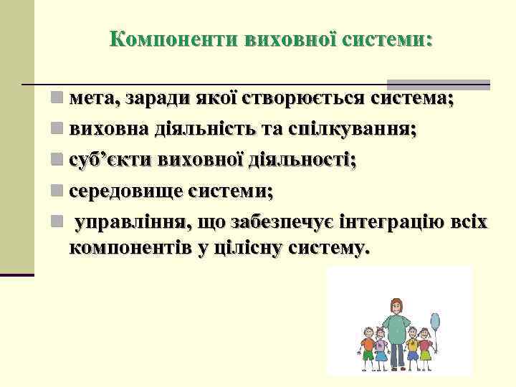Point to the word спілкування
pos(340,129)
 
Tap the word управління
pos(128,223)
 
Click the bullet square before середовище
pos(57,191)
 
